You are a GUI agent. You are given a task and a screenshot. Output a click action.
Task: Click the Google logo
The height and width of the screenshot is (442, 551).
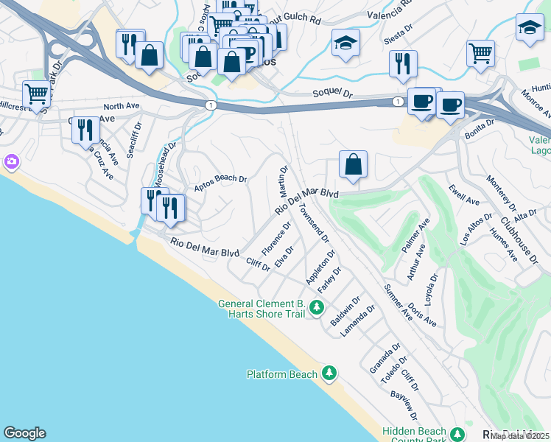[24, 433]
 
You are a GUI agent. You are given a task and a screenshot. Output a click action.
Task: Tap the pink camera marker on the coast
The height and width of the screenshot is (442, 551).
[11, 161]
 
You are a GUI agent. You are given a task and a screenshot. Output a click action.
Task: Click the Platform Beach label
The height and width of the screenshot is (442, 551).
[282, 374]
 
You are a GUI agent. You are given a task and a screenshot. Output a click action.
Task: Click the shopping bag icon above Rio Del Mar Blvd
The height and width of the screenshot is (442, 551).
[354, 164]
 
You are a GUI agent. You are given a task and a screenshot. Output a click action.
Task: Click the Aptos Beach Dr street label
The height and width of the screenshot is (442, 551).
[220, 183]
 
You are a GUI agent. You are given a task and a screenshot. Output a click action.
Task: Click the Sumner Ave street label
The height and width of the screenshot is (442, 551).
[399, 303]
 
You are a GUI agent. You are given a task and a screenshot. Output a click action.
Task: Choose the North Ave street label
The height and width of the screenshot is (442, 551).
[122, 106]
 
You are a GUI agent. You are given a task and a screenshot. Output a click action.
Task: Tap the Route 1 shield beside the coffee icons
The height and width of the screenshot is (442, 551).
[398, 101]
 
